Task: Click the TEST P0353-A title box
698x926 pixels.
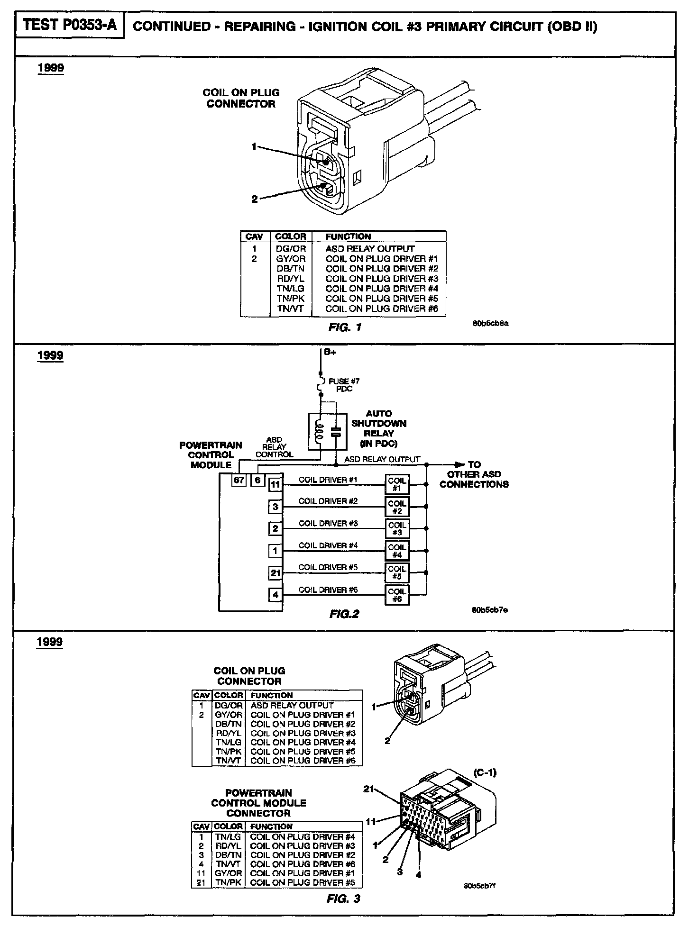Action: [70, 25]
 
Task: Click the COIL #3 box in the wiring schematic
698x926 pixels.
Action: [397, 528]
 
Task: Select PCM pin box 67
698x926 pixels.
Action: [239, 480]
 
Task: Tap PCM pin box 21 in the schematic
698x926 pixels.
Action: [276, 573]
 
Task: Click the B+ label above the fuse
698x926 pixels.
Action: [331, 352]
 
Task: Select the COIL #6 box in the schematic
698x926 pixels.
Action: [397, 595]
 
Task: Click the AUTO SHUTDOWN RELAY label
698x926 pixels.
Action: [378, 428]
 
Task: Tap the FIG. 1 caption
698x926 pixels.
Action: [345, 327]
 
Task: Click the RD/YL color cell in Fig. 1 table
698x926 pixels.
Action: [291, 279]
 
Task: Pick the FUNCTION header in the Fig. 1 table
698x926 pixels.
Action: [348, 236]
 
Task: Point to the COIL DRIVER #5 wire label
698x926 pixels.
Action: [328, 567]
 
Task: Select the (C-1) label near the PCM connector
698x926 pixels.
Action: [485, 772]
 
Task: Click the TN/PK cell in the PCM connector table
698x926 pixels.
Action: [228, 882]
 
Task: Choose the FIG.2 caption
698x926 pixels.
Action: [344, 614]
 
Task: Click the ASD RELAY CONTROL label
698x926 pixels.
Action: [274, 447]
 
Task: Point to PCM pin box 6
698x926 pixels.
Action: [257, 480]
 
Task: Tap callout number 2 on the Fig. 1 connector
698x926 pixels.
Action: [255, 200]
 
